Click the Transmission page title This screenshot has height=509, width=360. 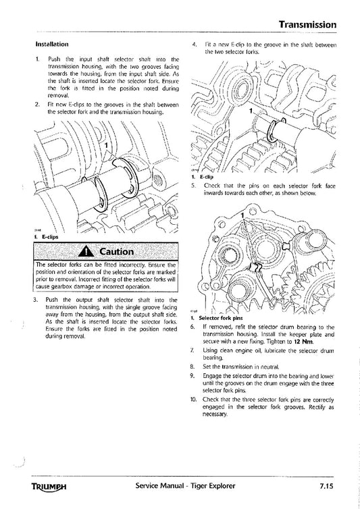point(307,24)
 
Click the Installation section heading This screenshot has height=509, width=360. point(54,45)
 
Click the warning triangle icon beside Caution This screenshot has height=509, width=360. point(86,252)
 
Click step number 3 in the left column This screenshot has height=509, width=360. point(36,299)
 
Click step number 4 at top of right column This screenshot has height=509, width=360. point(195,45)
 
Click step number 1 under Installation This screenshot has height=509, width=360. point(36,60)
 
